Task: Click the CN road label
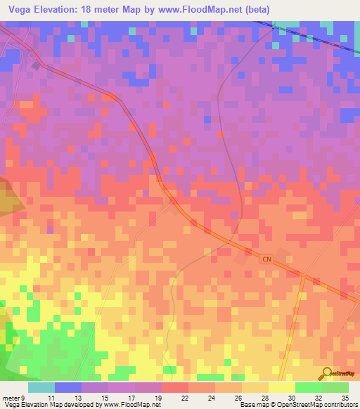click(x=266, y=259)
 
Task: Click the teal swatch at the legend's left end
click(x=41, y=387)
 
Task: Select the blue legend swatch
click(x=68, y=387)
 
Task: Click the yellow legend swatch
click(x=282, y=387)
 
